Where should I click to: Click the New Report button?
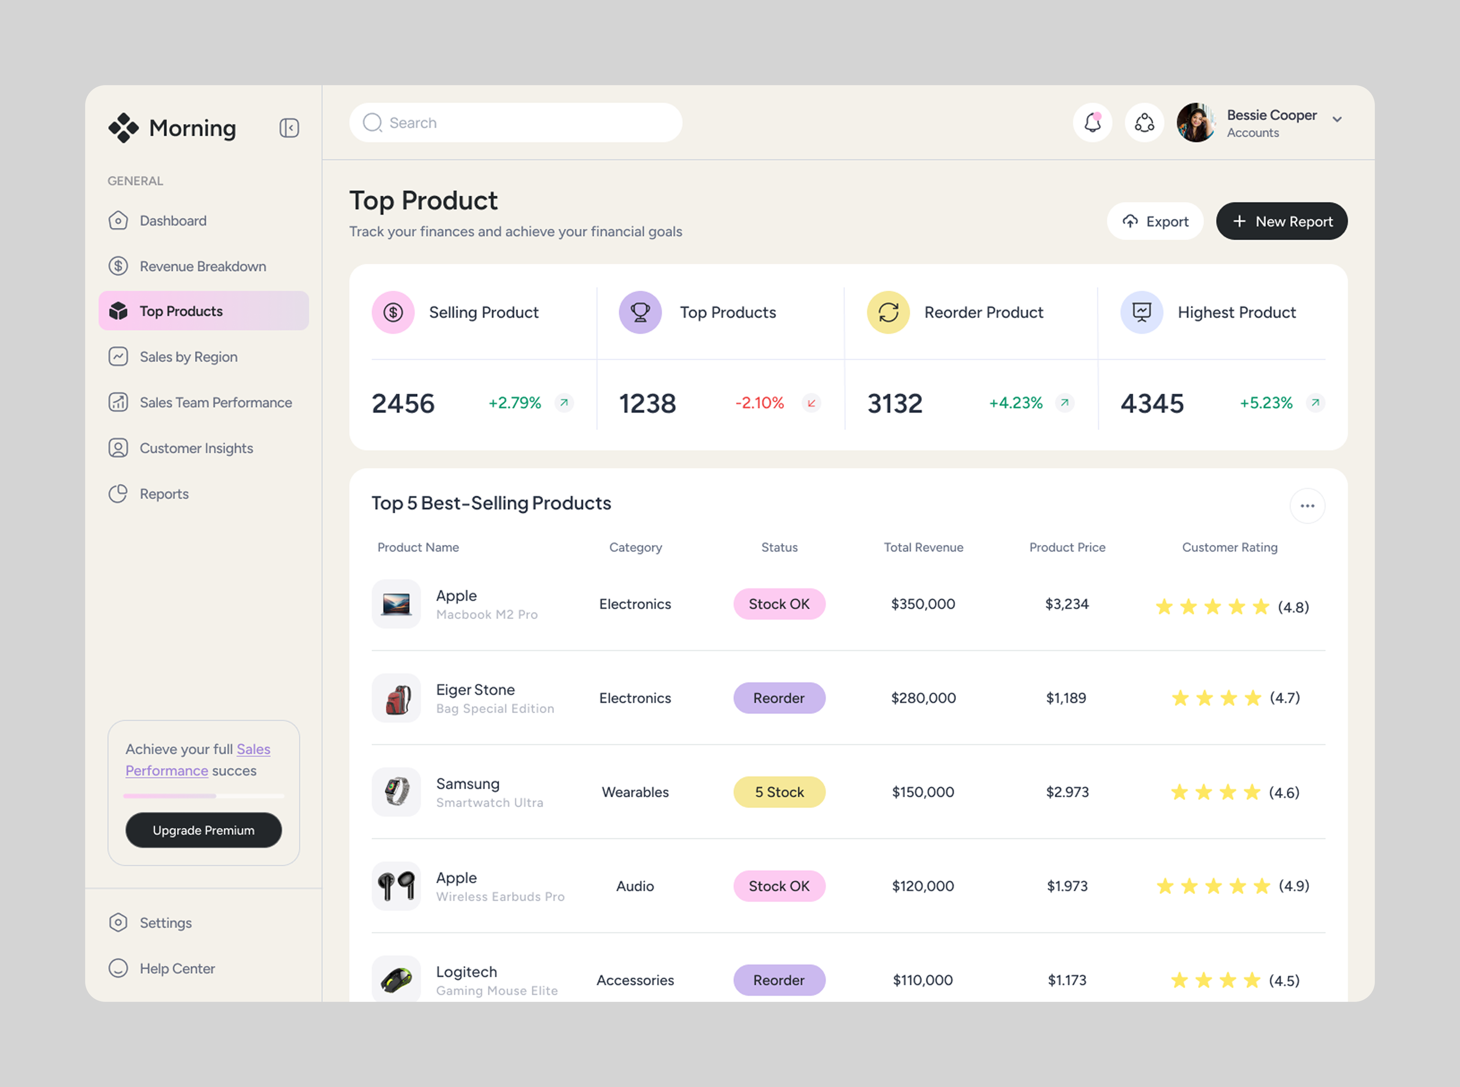click(x=1281, y=221)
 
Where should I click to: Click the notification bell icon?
click(x=1092, y=122)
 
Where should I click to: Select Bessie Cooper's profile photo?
click(x=1195, y=122)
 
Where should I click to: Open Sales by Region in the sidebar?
click(x=188, y=357)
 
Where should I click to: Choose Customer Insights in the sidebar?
click(x=196, y=448)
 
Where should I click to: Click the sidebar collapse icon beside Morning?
click(x=289, y=128)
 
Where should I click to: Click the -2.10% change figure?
click(x=759, y=403)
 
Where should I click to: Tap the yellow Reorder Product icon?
click(x=887, y=313)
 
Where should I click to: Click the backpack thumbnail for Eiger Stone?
click(x=396, y=698)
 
